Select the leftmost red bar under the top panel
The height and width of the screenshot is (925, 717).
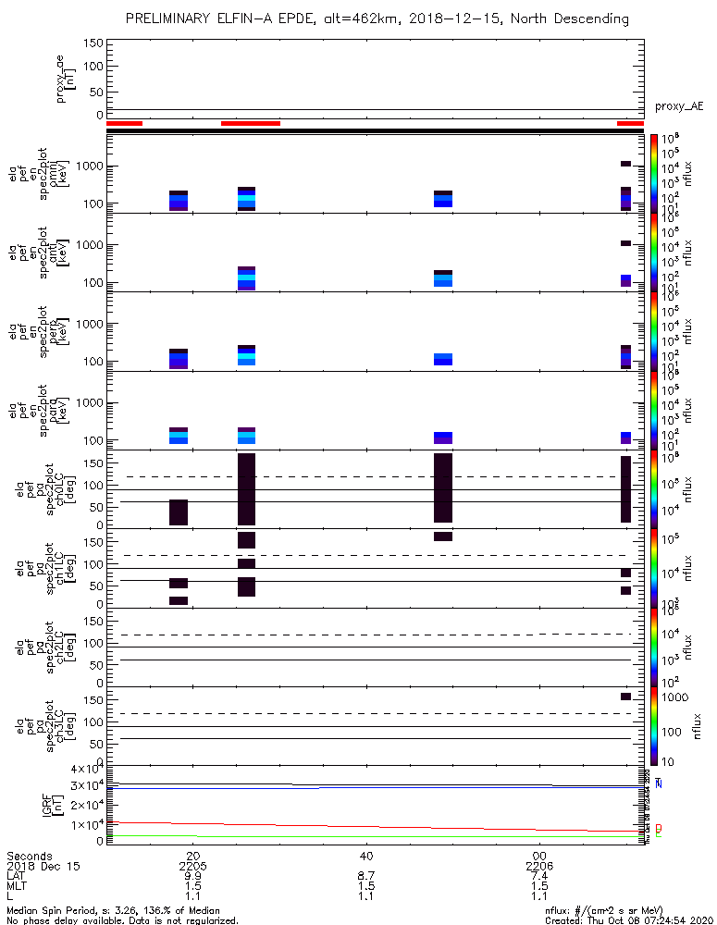tap(124, 123)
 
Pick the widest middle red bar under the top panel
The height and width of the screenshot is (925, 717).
tap(250, 123)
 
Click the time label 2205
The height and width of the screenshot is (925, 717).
tap(192, 865)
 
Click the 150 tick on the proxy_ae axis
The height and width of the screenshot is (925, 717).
tap(92, 43)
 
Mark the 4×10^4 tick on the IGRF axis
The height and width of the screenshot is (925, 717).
tap(81, 770)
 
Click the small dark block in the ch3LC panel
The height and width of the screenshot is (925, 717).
tap(625, 697)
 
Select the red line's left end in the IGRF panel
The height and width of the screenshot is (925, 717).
tap(110, 821)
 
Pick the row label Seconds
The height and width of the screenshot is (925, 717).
tap(29, 855)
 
